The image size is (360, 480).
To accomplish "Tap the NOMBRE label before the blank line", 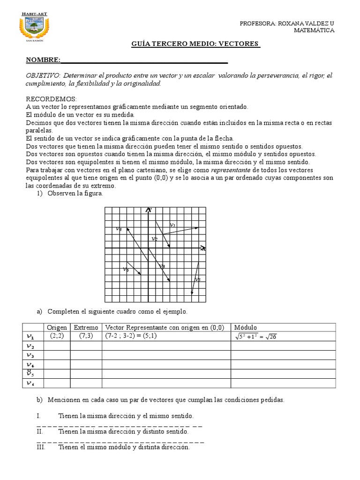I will click(x=43, y=60).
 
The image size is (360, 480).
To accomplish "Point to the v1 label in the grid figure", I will click(x=172, y=225).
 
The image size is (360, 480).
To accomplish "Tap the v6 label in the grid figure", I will click(x=126, y=270).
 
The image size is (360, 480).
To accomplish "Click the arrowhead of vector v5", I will click(x=192, y=294).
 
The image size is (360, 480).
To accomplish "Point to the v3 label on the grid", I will click(x=162, y=266).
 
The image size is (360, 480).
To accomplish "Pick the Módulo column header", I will click(x=246, y=327).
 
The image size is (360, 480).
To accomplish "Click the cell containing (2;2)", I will click(x=57, y=336).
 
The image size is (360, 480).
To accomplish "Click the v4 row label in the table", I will click(x=30, y=364).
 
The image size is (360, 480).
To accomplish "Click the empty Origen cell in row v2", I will click(x=57, y=346).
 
